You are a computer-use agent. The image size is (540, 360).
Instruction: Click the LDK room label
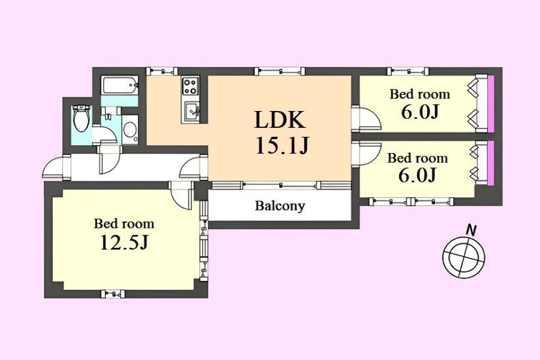(x=280, y=120)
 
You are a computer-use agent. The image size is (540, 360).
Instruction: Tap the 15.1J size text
(x=281, y=146)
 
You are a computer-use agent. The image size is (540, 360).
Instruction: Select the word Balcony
(x=280, y=206)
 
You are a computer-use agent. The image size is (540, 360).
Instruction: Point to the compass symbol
(x=463, y=257)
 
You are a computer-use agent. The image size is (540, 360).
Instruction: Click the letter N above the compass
(x=472, y=229)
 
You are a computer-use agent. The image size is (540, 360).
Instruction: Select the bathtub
(x=120, y=85)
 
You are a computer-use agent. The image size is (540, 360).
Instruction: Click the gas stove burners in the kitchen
(x=191, y=86)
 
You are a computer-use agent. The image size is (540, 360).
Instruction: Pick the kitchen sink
(x=191, y=111)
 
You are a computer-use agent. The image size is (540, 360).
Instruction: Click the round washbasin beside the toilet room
(x=130, y=129)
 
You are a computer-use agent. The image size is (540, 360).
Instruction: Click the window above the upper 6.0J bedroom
(x=406, y=71)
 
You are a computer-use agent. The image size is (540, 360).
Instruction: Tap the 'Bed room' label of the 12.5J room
(x=124, y=224)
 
